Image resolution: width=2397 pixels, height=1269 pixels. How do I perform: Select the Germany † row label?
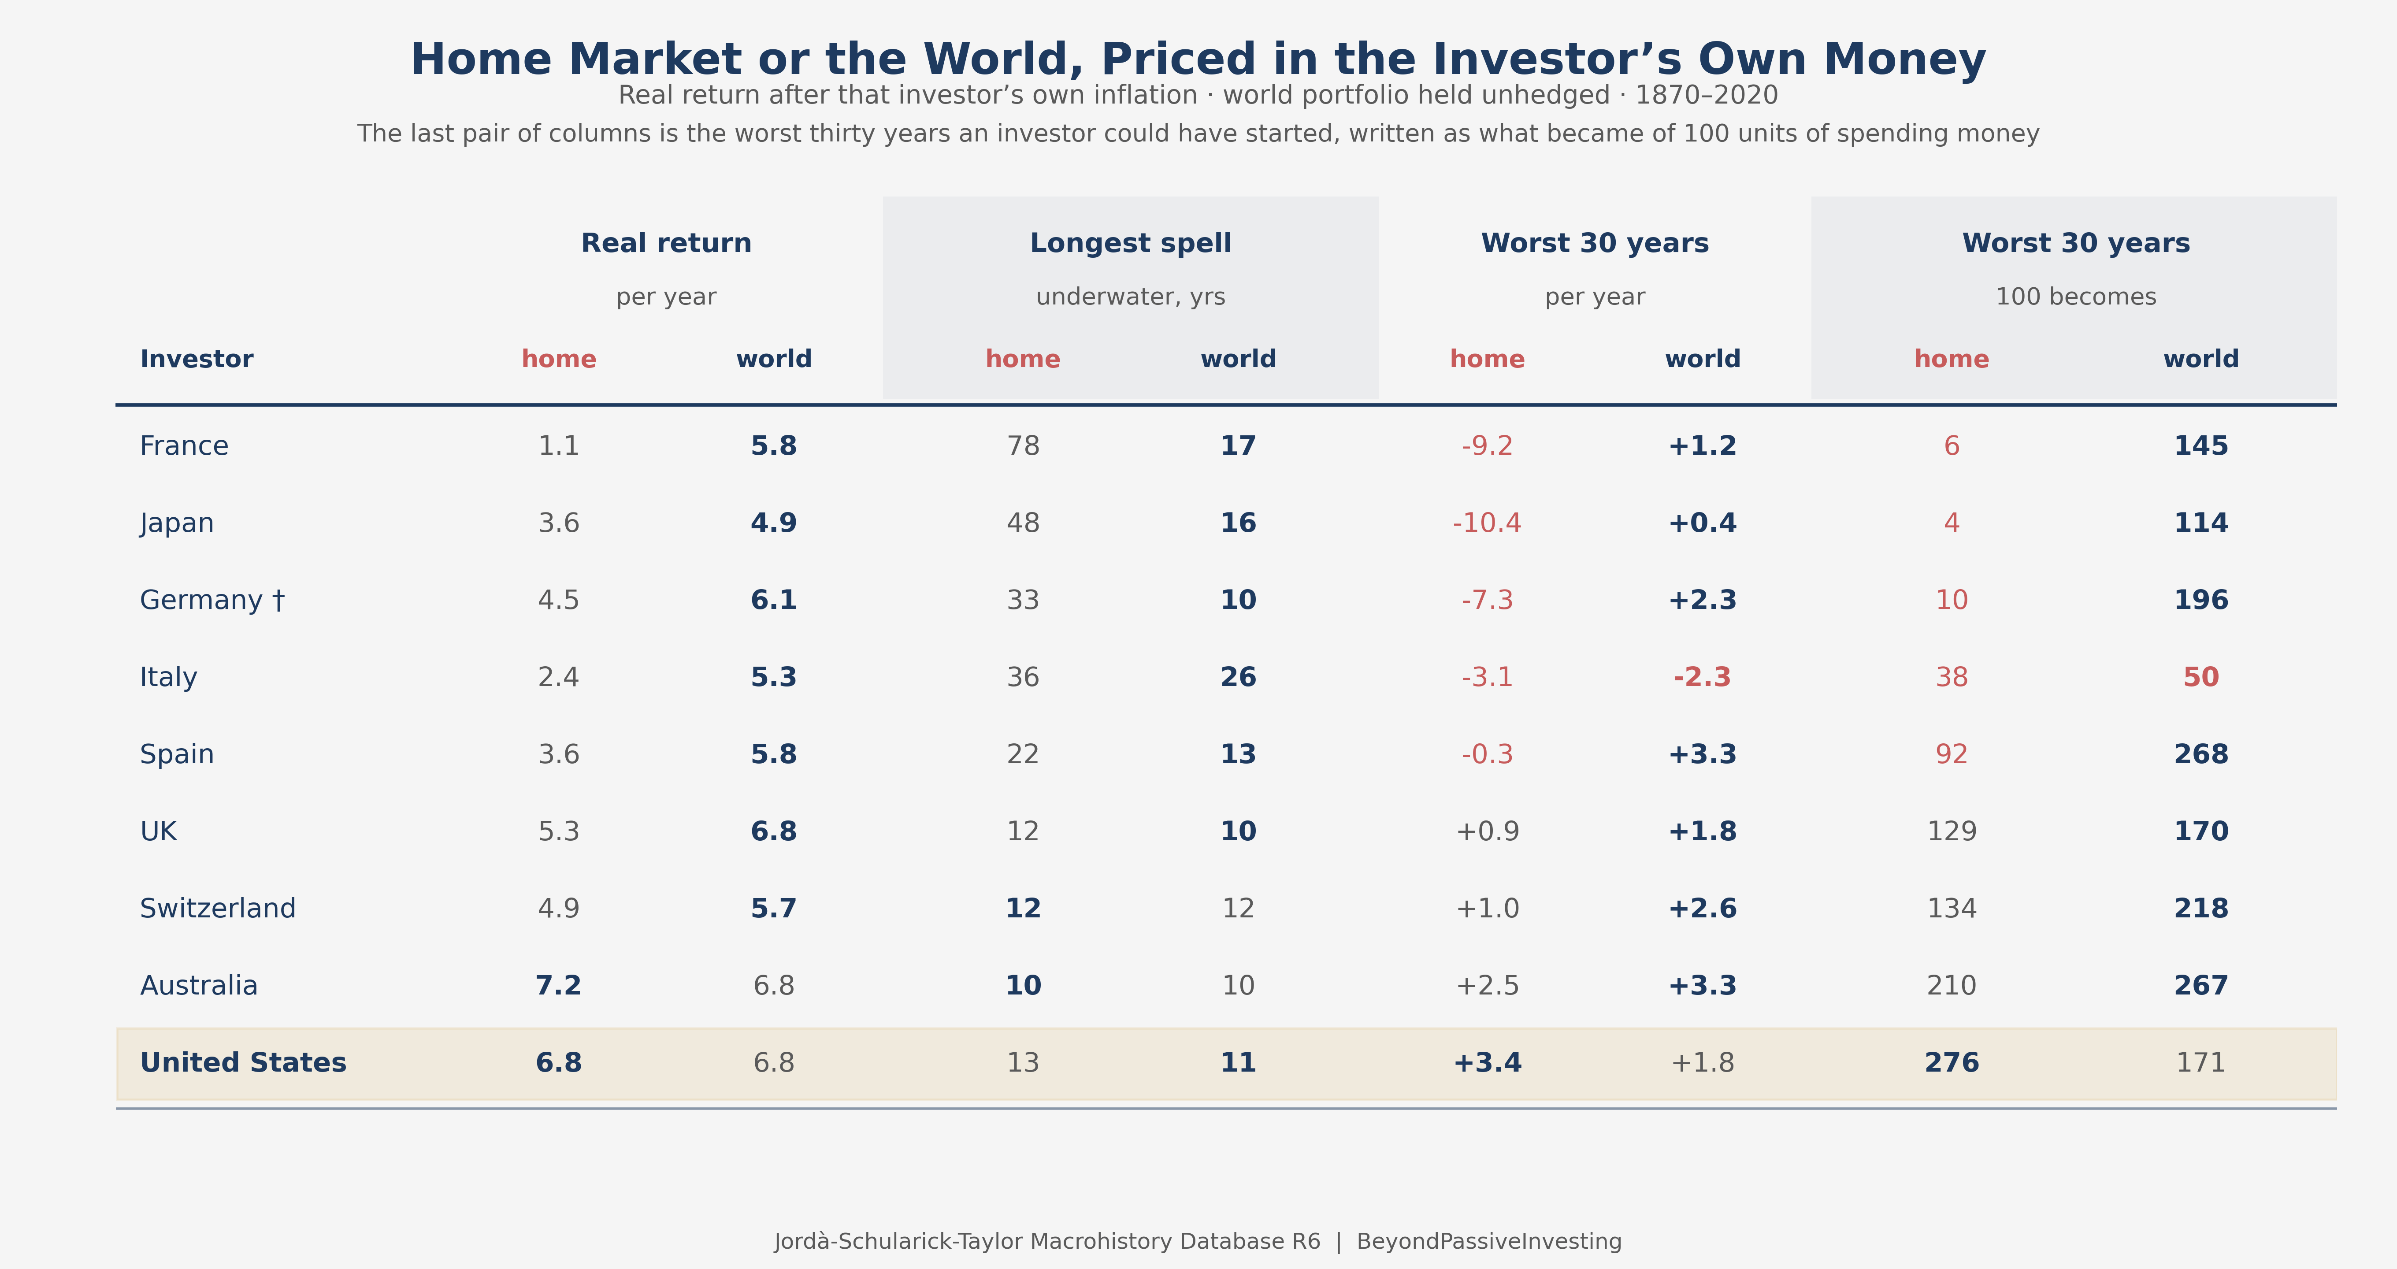coord(212,600)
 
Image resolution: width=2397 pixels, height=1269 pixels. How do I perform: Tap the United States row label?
coord(243,1062)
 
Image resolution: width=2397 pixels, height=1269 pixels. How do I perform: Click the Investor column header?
coord(197,359)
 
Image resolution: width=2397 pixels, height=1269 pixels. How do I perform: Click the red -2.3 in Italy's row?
coord(1702,677)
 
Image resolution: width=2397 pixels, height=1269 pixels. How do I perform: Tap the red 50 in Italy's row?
coord(2200,677)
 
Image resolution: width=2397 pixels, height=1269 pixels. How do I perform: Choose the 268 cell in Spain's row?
coord(2200,754)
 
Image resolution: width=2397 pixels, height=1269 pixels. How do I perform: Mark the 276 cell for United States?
coord(1951,1062)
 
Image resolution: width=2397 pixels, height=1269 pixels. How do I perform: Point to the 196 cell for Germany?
coord(2200,600)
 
